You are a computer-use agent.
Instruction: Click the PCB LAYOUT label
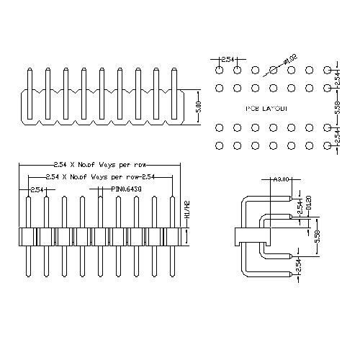pos(267,108)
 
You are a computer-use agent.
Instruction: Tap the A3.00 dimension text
pos(282,179)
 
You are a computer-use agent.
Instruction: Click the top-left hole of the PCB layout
pos(219,71)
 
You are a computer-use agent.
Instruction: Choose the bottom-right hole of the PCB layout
pos(328,145)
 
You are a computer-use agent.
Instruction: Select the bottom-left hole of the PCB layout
pos(219,145)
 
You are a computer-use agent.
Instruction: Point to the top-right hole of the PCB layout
pos(328,71)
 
